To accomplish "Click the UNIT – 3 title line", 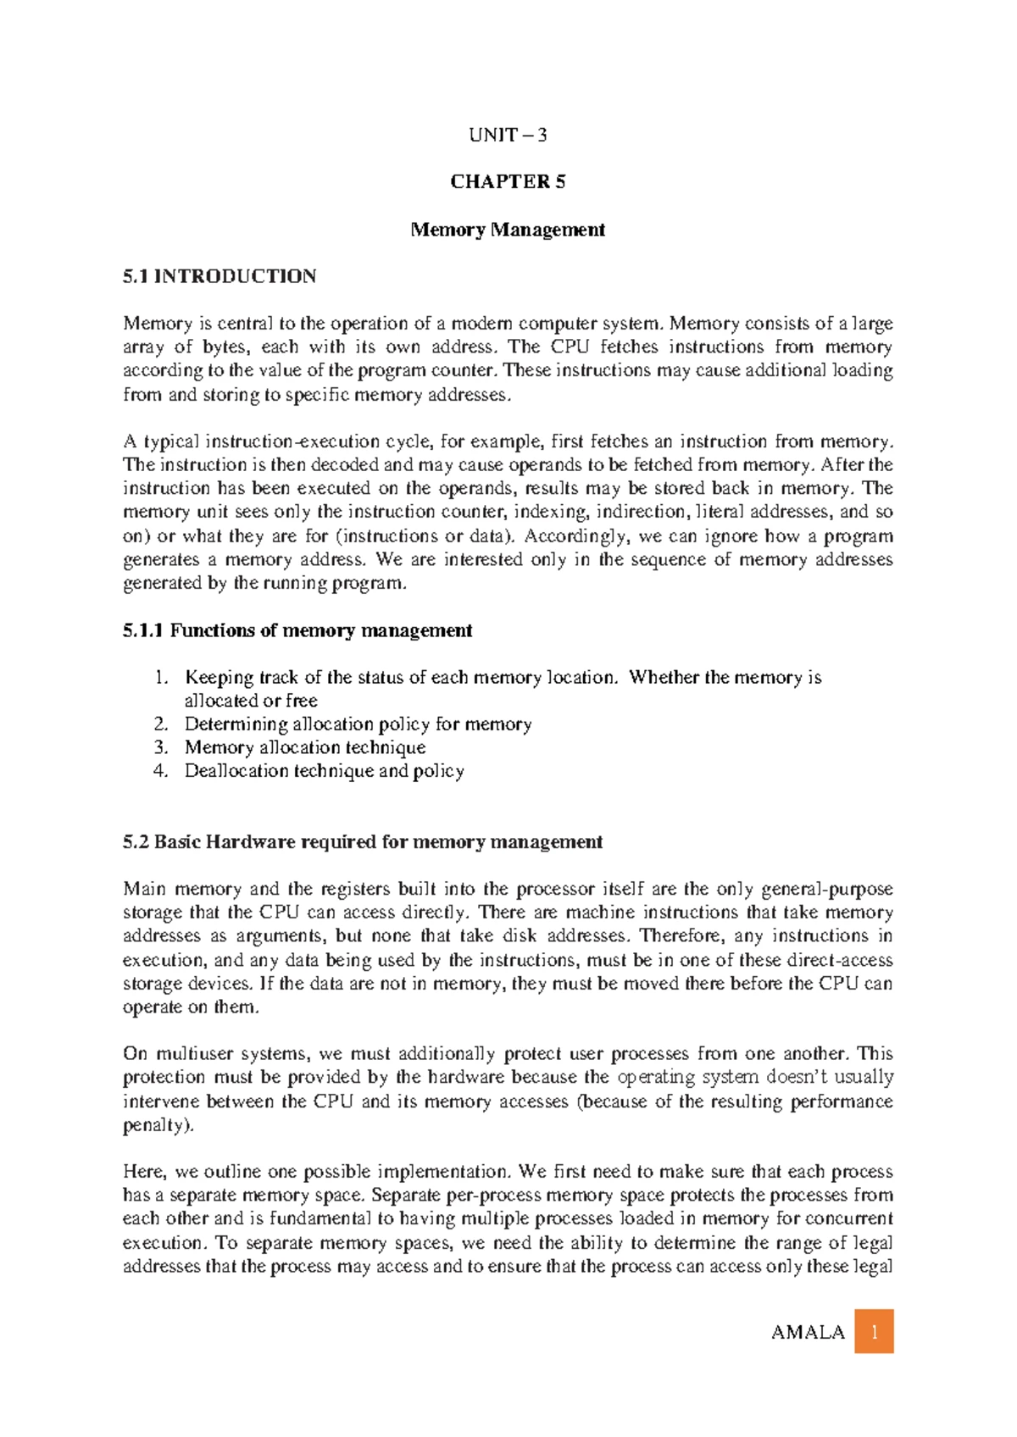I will click(x=508, y=135).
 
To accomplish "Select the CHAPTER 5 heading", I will click(x=508, y=181).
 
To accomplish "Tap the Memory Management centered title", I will click(x=508, y=230).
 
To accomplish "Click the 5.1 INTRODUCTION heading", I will click(x=220, y=276).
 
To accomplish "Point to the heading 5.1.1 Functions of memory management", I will click(x=297, y=630).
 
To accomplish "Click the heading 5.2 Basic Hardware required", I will click(x=363, y=841).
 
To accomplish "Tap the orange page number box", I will click(x=874, y=1331).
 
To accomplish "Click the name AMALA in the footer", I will click(x=808, y=1332).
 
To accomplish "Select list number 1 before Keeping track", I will click(x=161, y=677).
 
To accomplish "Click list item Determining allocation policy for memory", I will click(x=358, y=724).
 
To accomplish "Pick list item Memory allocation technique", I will click(x=305, y=747).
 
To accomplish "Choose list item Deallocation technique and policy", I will click(x=324, y=771).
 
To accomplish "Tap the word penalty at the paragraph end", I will click(x=155, y=1125).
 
